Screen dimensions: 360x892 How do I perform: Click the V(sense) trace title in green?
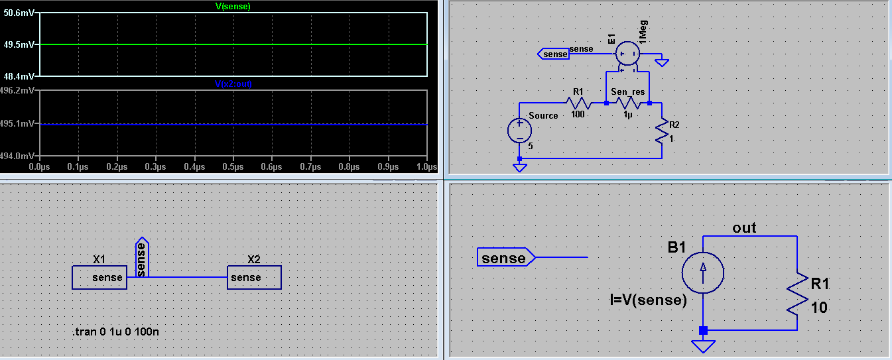(x=233, y=6)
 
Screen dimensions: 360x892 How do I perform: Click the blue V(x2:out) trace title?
(x=233, y=84)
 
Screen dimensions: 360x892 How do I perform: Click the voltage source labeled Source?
(x=519, y=131)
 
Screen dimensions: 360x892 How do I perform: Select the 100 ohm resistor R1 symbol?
(x=578, y=103)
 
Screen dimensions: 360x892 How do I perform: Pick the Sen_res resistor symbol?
(x=628, y=103)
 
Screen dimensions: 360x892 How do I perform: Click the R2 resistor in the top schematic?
(x=662, y=130)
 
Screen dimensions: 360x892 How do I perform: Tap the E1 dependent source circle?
(x=627, y=53)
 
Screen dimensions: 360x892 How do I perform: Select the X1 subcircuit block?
(x=99, y=277)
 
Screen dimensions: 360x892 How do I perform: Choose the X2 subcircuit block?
(x=254, y=277)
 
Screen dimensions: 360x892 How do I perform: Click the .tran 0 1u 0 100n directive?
(x=115, y=331)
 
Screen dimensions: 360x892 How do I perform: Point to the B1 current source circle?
(x=703, y=272)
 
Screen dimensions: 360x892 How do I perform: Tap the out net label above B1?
(x=744, y=228)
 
